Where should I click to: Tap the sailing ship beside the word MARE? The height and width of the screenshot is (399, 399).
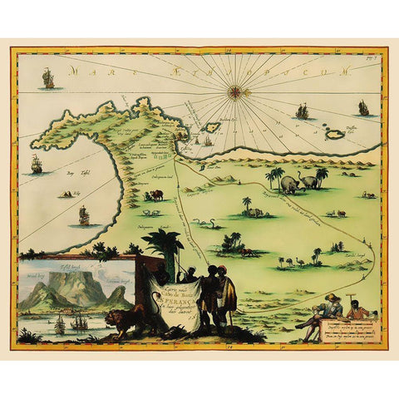[x=48, y=79]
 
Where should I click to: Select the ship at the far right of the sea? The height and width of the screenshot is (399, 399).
[x=363, y=107]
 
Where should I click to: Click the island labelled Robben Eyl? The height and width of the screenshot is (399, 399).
[x=212, y=128]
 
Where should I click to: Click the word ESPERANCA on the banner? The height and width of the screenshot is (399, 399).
[x=173, y=291]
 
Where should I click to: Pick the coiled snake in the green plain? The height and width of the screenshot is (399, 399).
[x=204, y=224]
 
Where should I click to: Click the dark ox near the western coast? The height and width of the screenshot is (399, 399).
[x=155, y=196]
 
